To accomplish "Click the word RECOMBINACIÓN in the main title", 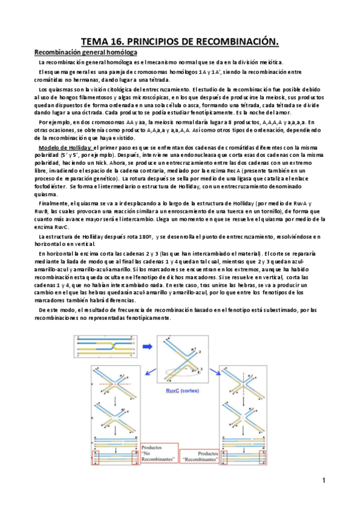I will (236, 41).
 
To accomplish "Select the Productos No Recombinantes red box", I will (161, 453).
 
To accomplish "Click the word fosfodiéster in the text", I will (51, 186).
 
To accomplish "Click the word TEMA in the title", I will (94, 41).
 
